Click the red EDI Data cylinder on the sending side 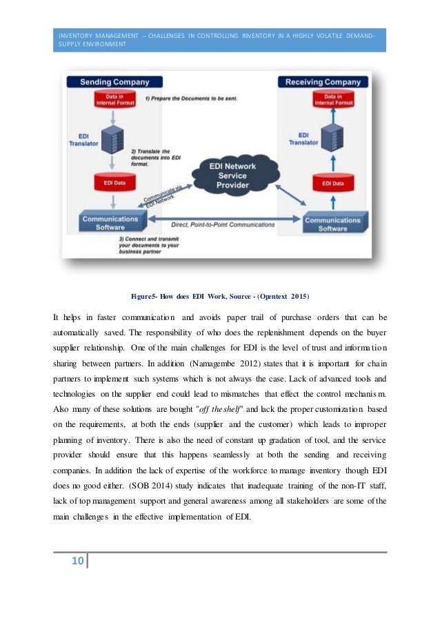[x=108, y=183]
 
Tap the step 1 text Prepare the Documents [x=191, y=99]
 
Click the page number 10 [x=75, y=561]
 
